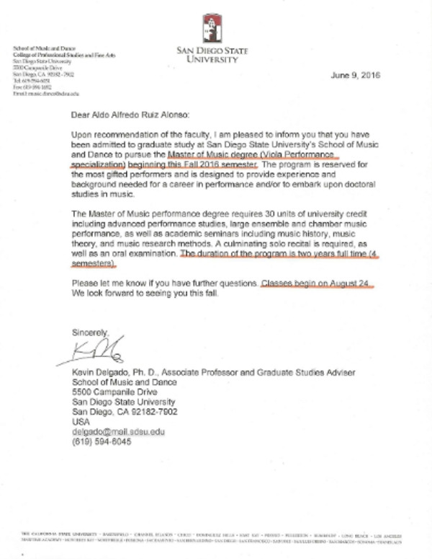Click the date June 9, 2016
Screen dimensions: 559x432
tap(355, 75)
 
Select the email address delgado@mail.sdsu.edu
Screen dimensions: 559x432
tap(118, 431)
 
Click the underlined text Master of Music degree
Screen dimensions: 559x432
tap(212, 154)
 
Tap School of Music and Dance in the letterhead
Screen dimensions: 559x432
tap(39, 48)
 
